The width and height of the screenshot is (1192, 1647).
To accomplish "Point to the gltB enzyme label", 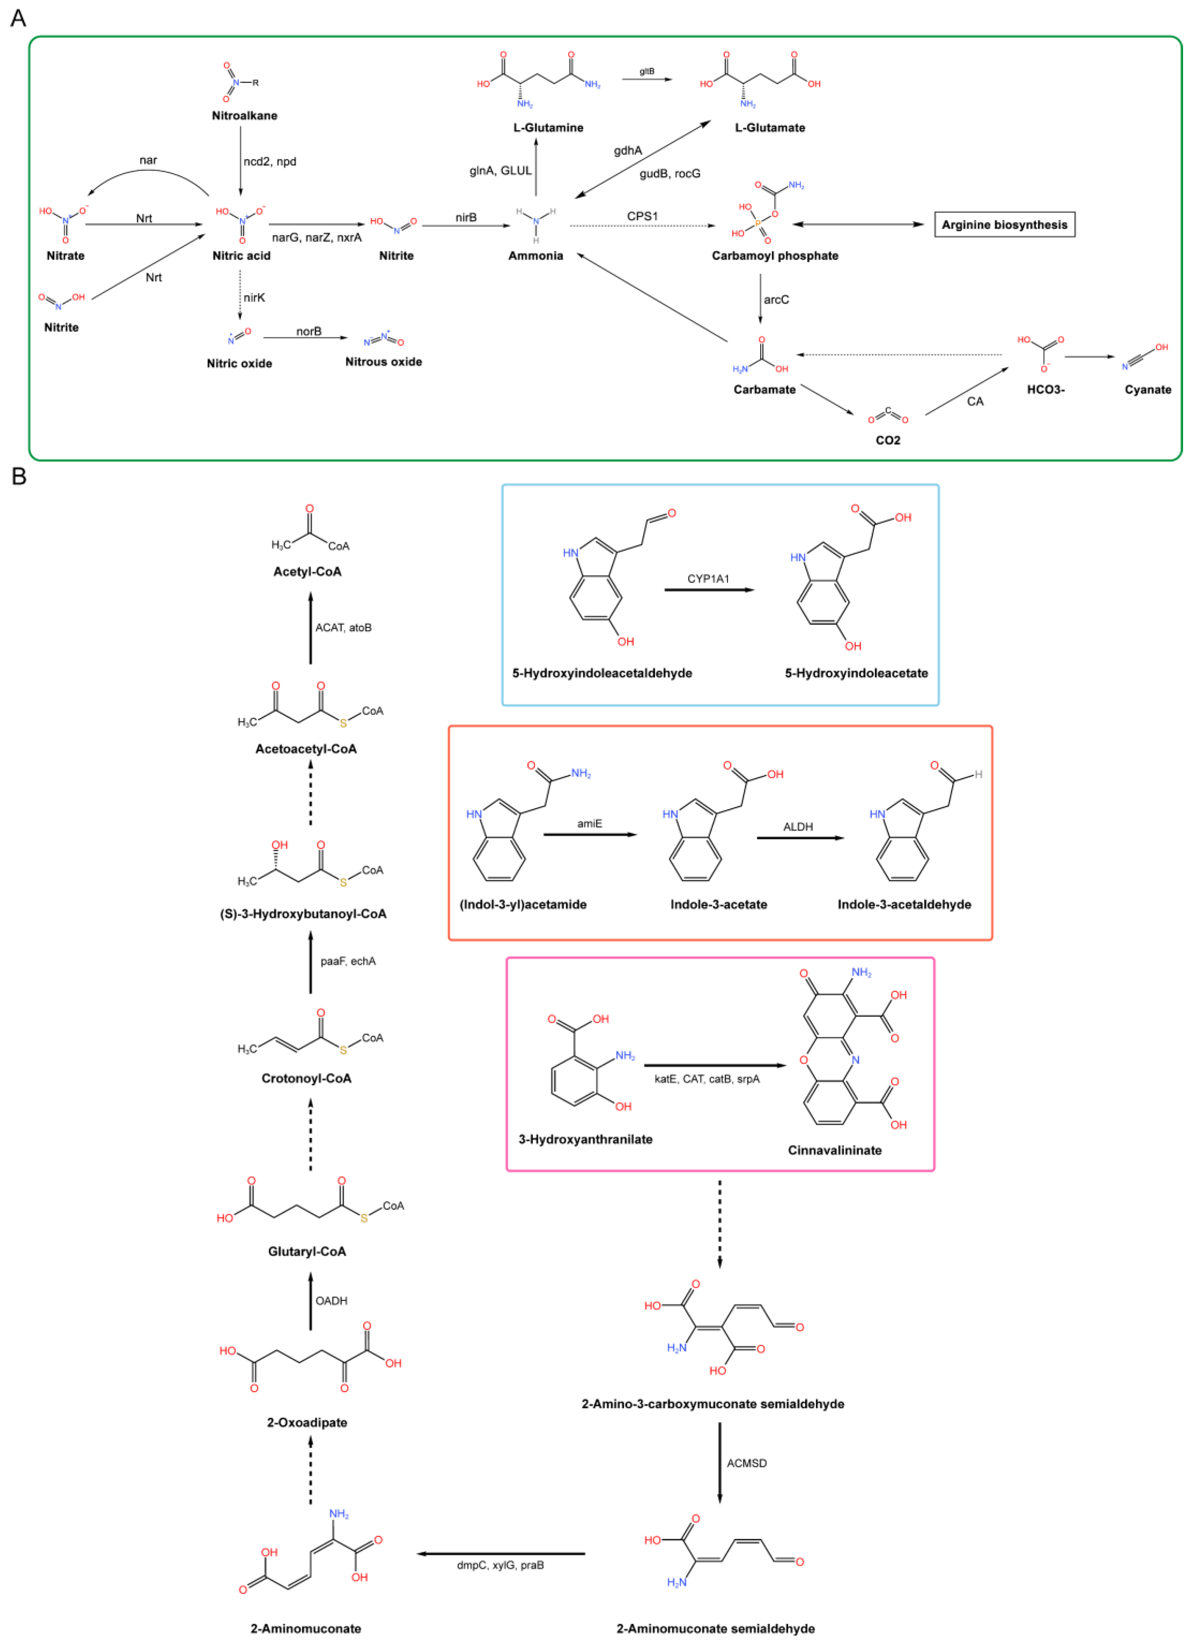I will [x=647, y=71].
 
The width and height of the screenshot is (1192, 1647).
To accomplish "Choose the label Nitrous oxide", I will [x=384, y=362].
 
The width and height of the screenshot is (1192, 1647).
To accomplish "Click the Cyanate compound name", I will [x=1148, y=389].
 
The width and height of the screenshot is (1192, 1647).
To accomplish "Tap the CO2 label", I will [x=887, y=440].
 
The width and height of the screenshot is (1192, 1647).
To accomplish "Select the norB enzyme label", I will [x=309, y=331].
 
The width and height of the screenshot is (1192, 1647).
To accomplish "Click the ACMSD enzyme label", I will [x=747, y=1463].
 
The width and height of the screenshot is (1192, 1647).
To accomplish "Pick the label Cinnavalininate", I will [x=835, y=1150].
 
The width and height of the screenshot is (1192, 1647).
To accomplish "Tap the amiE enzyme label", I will [x=590, y=823].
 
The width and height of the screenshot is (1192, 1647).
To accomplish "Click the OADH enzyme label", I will [x=331, y=1301].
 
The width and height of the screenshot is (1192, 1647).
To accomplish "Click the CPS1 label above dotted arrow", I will [x=642, y=216].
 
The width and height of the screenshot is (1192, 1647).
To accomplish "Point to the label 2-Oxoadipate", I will [x=307, y=1423].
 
